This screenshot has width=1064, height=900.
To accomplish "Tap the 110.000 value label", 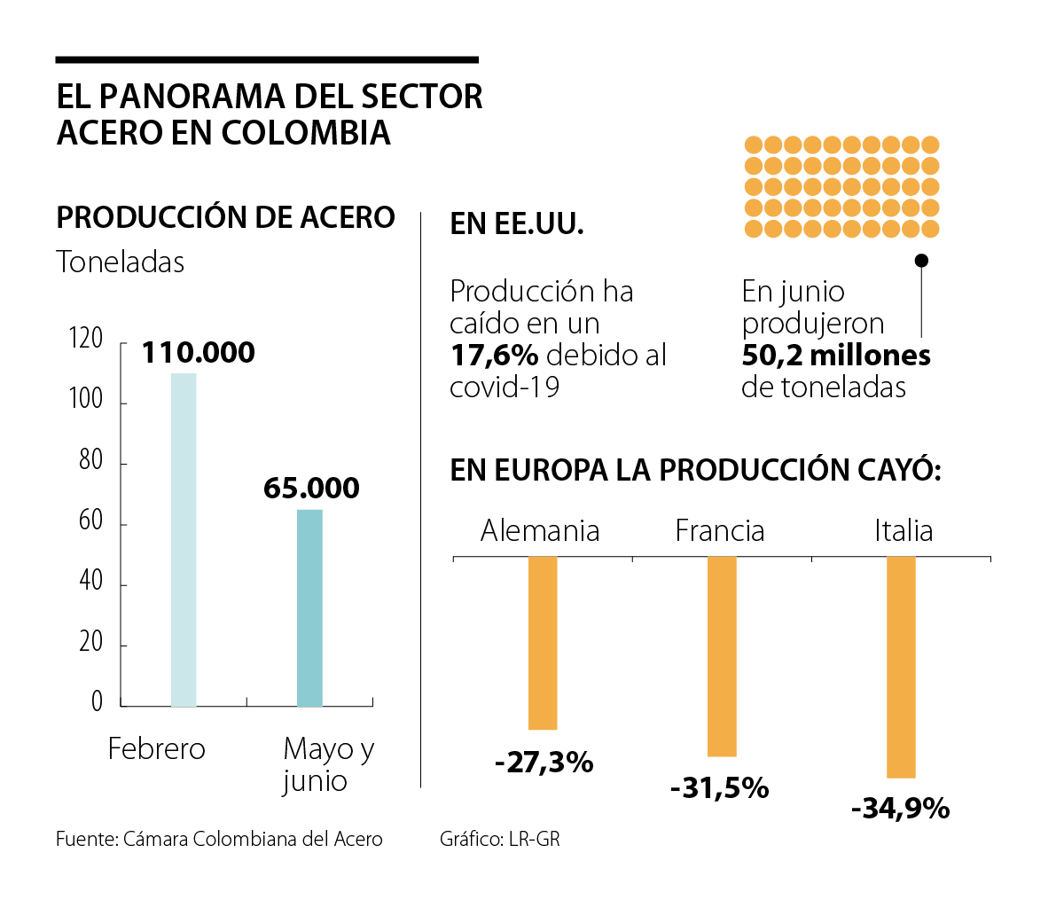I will [199, 353].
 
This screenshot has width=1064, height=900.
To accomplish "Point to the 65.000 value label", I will [311, 489].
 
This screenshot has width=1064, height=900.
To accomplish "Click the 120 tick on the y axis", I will [86, 339].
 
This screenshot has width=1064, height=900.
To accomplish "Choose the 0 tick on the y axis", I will [97, 702].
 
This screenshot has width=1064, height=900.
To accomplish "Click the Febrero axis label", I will [156, 749].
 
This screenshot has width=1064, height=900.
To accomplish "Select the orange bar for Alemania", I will [543, 643].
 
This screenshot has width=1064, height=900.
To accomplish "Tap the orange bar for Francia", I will [722, 656].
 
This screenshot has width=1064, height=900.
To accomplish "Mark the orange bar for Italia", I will [901, 667].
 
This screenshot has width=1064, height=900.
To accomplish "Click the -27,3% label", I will [544, 763].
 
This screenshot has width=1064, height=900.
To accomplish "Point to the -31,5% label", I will [720, 788].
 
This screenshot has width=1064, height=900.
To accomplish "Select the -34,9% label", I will [900, 809].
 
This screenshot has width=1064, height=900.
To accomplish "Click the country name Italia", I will [904, 530].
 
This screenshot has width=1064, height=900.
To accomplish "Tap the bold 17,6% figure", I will [494, 356].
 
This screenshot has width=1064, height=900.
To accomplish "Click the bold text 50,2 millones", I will [836, 356].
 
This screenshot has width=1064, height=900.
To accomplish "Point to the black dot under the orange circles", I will [921, 261].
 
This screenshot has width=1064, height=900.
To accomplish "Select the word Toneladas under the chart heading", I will [121, 262].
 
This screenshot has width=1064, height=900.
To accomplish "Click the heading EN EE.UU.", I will [517, 224].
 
